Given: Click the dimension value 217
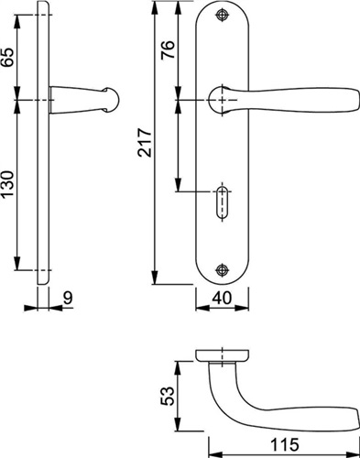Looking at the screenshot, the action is click(x=145, y=143).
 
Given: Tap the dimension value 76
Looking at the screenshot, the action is click(x=168, y=49).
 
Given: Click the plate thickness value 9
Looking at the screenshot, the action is click(x=68, y=298).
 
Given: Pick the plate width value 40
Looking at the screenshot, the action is click(x=222, y=298).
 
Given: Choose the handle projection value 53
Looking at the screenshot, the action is click(x=168, y=396).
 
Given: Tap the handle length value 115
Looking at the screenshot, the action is click(x=285, y=444).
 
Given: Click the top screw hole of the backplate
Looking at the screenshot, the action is click(x=222, y=16).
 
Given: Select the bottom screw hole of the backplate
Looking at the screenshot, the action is click(x=222, y=270).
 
